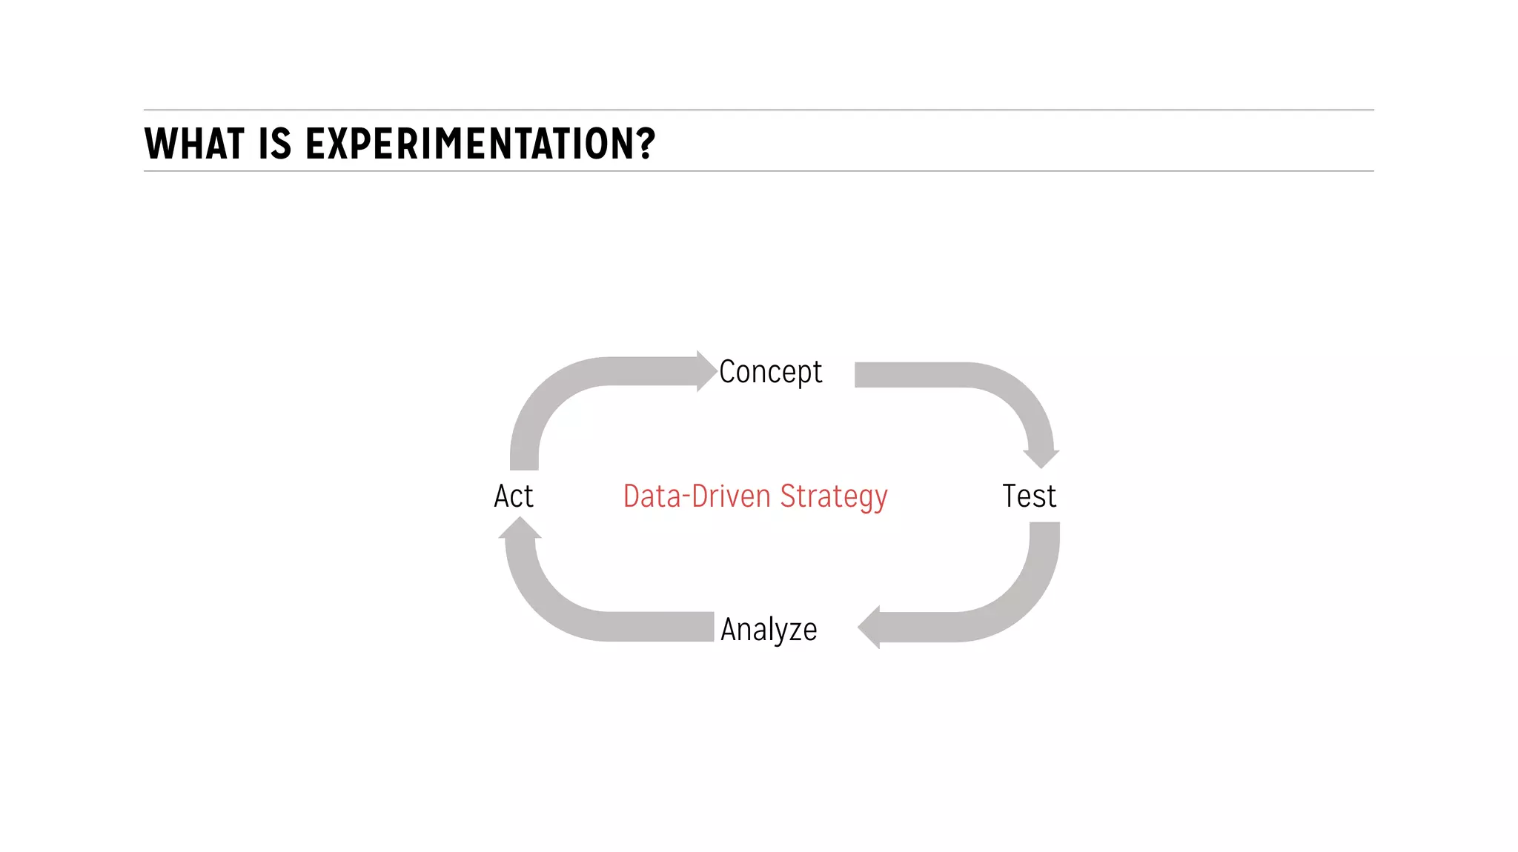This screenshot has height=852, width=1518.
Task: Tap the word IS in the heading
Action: tap(275, 144)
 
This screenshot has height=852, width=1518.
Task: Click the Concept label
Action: tap(770, 372)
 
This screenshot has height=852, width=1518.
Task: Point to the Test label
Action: tap(1029, 496)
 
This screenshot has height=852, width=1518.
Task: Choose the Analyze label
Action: tap(769, 630)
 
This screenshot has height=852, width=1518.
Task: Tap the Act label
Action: tap(514, 496)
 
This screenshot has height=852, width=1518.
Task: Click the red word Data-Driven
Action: tap(697, 496)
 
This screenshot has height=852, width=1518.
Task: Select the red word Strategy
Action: tap(834, 497)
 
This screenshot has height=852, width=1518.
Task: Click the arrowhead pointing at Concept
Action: tap(706, 371)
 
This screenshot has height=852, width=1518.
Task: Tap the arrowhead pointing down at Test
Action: tap(1041, 458)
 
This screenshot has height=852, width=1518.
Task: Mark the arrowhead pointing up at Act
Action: tap(520, 527)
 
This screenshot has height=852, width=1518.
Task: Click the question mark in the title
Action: tap(646, 144)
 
